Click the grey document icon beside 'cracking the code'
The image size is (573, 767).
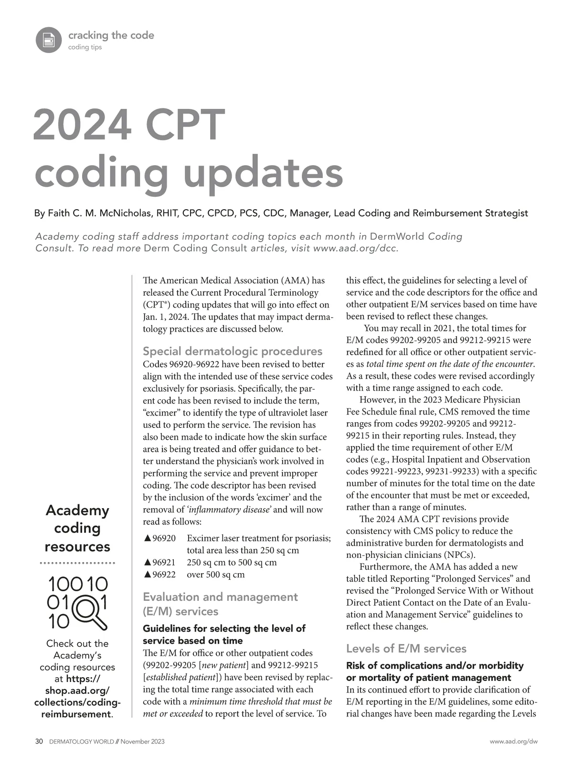pos(49,40)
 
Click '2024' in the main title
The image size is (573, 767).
pos(82,124)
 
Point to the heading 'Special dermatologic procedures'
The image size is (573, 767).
pos(233,351)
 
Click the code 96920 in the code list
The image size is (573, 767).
pos(164,538)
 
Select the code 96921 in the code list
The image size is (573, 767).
pos(164,562)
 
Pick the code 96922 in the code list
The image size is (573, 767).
pos(164,574)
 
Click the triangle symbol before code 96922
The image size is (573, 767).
pos(148,574)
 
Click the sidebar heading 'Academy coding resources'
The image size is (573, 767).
pos(77,528)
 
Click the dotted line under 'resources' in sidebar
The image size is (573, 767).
pos(77,563)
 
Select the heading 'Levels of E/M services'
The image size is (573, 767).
pos(406,648)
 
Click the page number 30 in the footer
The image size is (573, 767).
pos(39,741)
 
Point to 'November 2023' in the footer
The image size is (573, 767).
pos(142,741)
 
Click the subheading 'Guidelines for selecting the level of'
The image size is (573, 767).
pos(224,628)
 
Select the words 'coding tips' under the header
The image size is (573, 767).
pos(85,47)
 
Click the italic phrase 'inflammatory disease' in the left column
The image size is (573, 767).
pos(229,509)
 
